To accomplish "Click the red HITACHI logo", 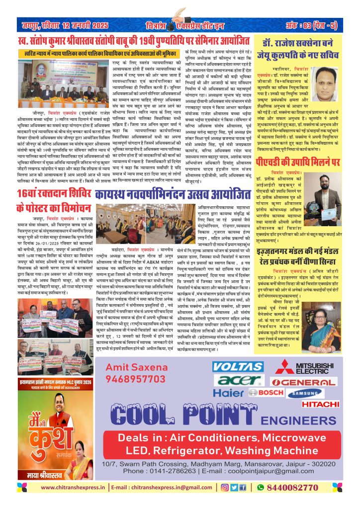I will click(319, 404).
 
